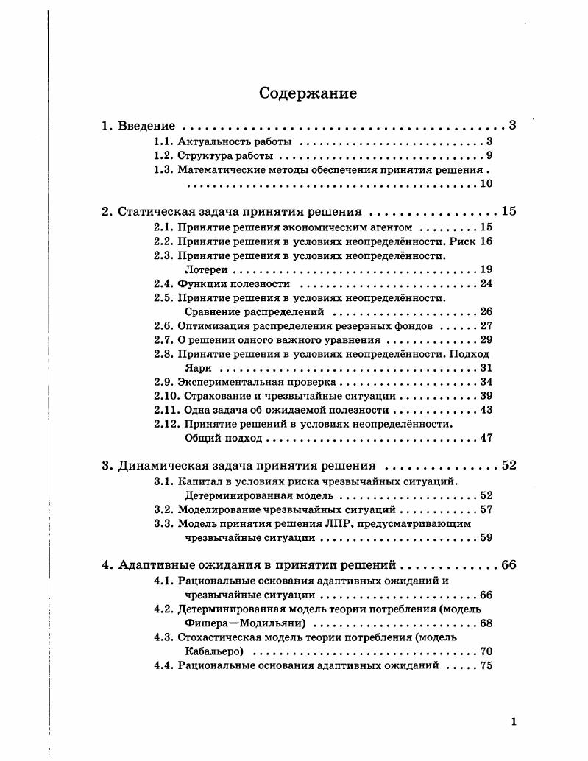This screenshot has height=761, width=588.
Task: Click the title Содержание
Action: point(308,93)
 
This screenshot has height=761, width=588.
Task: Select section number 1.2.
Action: point(163,156)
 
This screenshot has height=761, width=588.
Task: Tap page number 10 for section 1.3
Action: point(486,183)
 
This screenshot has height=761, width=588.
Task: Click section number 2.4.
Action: point(163,283)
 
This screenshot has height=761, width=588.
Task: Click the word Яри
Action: point(198,368)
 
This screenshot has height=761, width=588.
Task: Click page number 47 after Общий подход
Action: point(486,439)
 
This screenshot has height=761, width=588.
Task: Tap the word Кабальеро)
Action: point(213,651)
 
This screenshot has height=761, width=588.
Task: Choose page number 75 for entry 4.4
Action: point(486,665)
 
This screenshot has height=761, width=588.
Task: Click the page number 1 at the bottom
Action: point(514,722)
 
